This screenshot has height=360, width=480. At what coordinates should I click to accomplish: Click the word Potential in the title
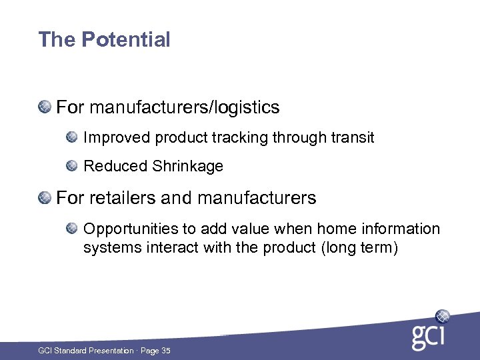coord(126,40)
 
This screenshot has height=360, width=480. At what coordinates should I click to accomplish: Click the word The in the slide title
coord(57,40)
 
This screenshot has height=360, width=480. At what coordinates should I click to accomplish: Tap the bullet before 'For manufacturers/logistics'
coord(45,107)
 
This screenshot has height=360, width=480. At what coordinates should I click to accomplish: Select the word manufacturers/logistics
coord(184,107)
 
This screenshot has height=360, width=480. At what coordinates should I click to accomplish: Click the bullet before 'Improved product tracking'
coord(72,137)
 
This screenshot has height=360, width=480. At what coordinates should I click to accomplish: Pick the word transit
coord(352,138)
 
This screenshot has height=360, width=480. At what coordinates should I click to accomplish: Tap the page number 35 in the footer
coord(165,351)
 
